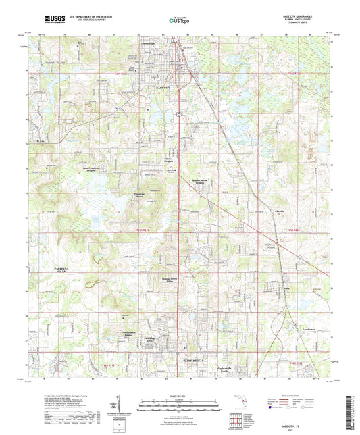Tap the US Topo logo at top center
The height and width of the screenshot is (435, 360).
coord(178,22)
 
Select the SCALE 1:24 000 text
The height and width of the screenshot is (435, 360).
coord(179,394)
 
